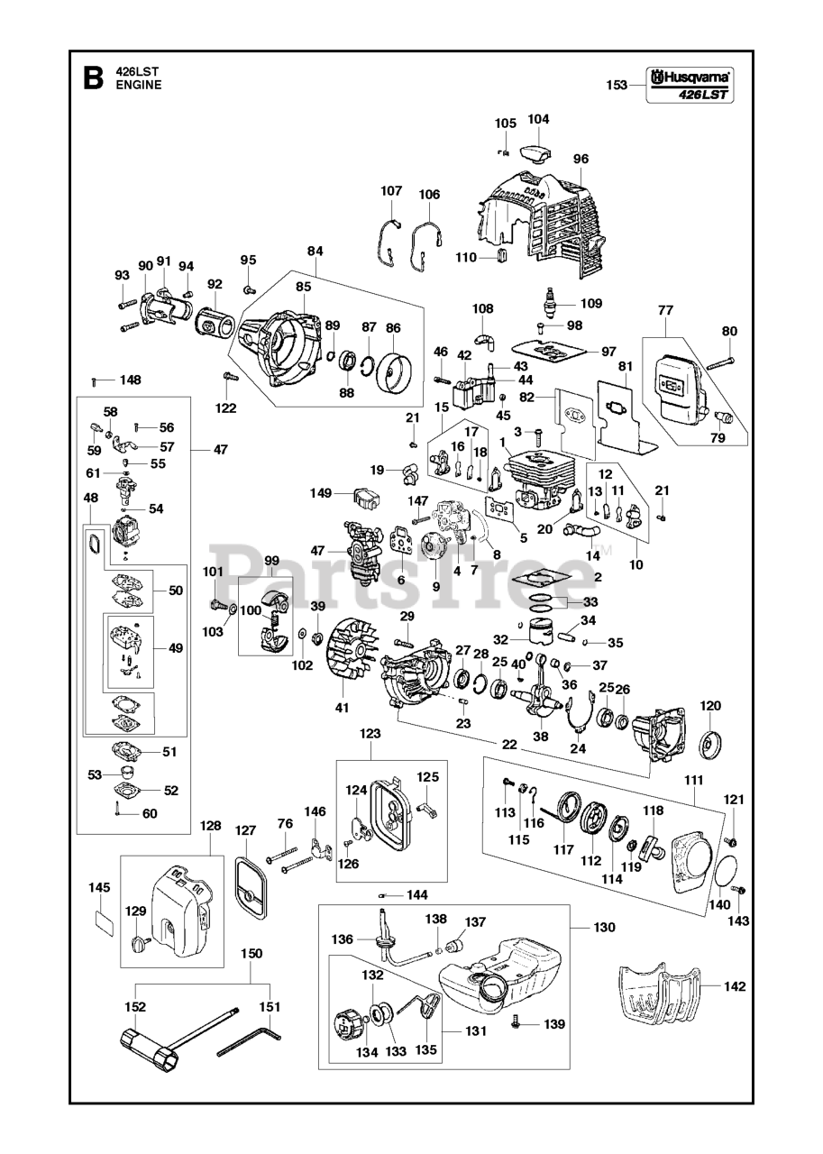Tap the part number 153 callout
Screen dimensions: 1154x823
(617, 86)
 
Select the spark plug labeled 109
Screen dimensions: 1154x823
(546, 299)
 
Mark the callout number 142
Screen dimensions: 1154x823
(735, 987)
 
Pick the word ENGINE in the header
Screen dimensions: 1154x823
(138, 86)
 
